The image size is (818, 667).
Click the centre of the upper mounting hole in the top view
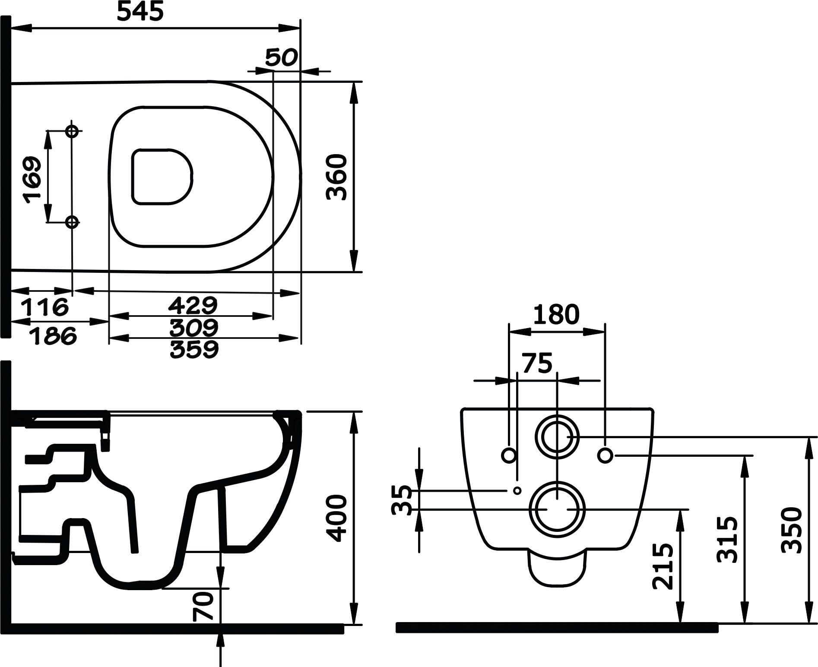(x=72, y=130)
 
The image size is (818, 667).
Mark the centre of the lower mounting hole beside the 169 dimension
(x=72, y=222)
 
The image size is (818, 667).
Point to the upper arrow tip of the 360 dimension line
(x=354, y=82)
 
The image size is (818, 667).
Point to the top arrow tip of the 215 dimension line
(x=681, y=510)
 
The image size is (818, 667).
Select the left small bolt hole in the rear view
(x=509, y=455)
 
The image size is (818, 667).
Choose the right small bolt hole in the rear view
(x=606, y=455)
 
